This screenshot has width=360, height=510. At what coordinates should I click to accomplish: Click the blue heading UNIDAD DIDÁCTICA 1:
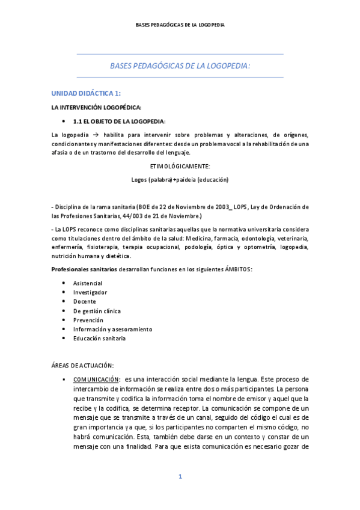pos(87,93)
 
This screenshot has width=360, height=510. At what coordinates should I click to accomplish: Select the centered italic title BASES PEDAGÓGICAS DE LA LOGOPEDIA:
pos(180,66)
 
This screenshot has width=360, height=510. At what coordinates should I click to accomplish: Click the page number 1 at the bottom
pos(180,477)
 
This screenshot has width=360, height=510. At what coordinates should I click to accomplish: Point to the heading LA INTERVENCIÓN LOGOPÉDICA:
pos(88,107)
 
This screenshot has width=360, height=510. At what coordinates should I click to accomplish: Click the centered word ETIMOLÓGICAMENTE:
pos(180,165)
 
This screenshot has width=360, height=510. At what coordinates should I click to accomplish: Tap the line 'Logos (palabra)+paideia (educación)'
pos(180,179)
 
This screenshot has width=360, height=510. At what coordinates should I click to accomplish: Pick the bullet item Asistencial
pos(88,283)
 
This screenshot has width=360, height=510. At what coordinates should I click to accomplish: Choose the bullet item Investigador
pos(90,292)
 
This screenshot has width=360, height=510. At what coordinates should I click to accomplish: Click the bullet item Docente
pos(84,301)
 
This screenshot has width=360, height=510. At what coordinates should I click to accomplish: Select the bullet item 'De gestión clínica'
pos(97,311)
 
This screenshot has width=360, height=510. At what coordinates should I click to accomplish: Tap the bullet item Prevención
pos(88,320)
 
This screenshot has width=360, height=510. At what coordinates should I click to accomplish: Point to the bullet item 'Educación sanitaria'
pos(99,338)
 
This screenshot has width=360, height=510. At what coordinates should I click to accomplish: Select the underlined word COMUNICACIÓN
pos(96,379)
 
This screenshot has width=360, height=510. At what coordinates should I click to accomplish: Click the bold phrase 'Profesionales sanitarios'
pos(84,269)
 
